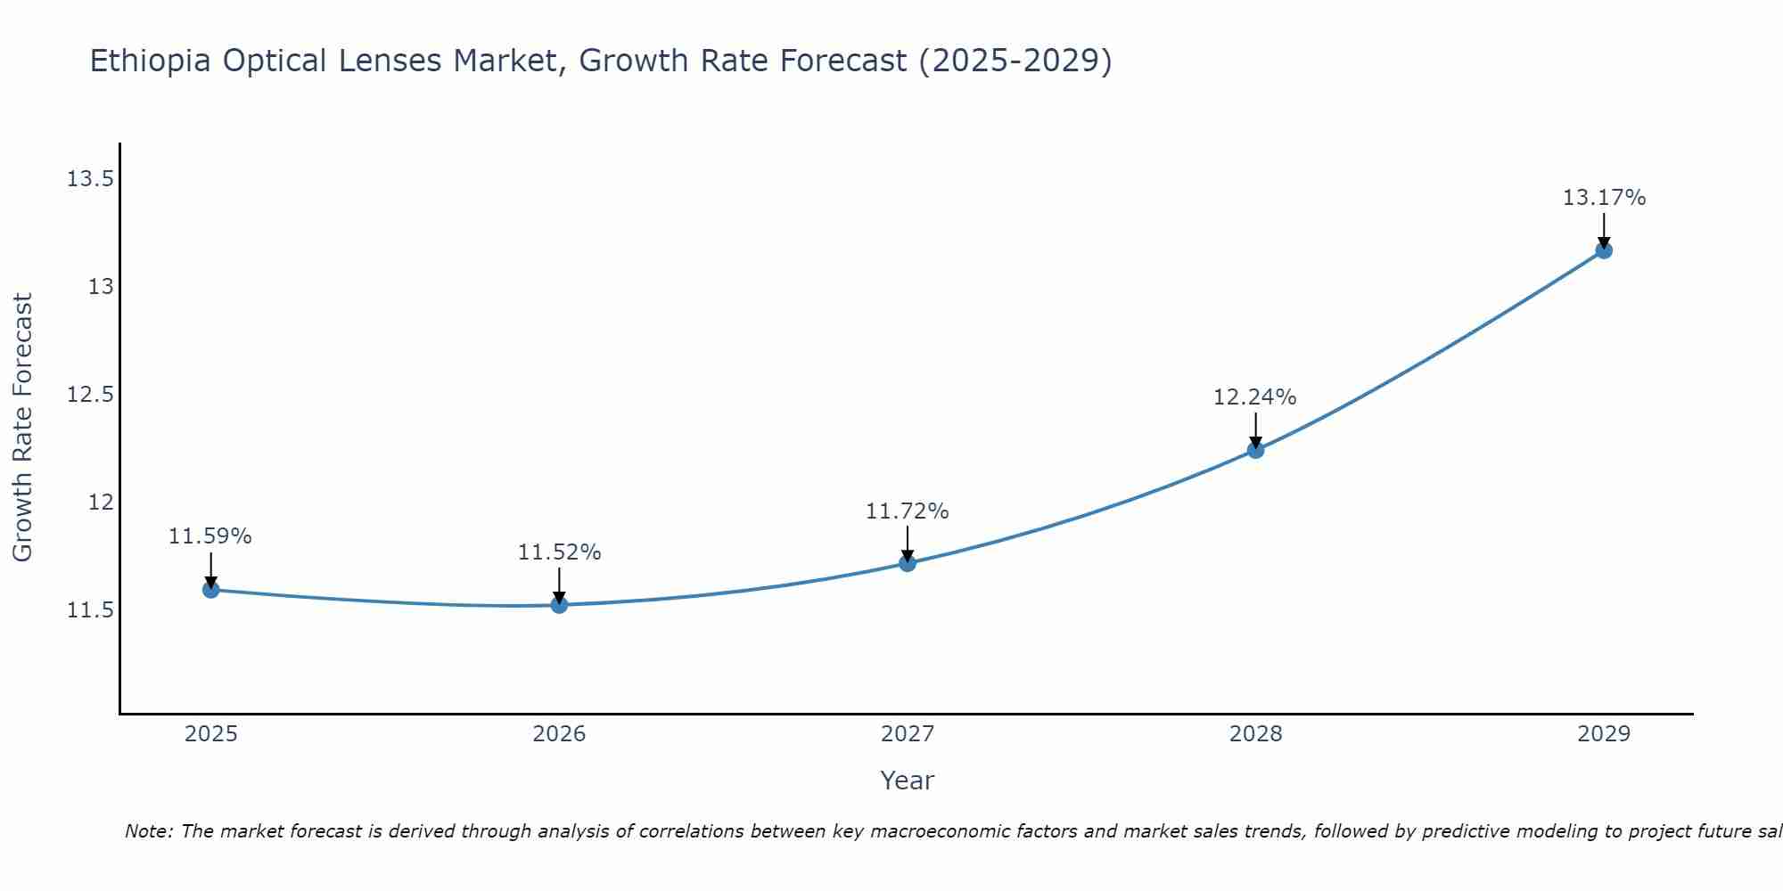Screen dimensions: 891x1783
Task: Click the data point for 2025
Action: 211,590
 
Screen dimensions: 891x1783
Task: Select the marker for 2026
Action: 559,605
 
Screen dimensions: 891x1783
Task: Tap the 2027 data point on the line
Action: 908,563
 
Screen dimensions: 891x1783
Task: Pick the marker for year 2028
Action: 1255,450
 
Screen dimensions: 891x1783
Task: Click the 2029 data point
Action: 1604,250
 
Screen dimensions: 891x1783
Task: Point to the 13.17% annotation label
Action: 1604,198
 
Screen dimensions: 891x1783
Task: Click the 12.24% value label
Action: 1254,397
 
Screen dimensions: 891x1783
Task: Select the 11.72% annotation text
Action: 907,511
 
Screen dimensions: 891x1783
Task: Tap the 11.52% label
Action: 559,552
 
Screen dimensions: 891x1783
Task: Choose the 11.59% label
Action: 210,536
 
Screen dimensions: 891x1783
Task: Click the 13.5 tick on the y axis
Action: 90,180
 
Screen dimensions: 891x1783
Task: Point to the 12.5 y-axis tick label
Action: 90,395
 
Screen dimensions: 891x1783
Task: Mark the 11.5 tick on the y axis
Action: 90,610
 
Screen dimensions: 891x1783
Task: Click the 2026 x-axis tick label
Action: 559,734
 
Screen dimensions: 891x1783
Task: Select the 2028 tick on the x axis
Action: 1255,734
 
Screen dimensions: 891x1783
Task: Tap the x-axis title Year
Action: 907,781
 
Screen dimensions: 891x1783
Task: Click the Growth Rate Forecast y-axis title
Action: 23,428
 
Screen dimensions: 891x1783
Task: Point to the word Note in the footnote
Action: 148,831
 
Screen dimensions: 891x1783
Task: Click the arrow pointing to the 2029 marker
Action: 1604,230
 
